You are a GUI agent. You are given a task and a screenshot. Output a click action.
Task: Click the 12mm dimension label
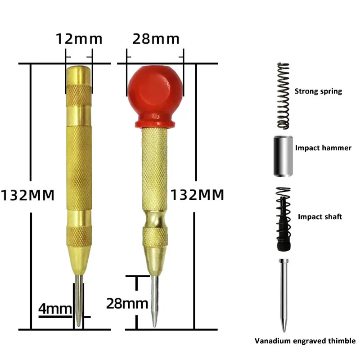click(x=79, y=39)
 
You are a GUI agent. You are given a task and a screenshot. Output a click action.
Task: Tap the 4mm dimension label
click(x=55, y=309)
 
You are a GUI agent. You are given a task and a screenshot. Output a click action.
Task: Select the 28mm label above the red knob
click(x=156, y=39)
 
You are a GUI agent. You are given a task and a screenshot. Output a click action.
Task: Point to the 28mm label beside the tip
click(x=127, y=303)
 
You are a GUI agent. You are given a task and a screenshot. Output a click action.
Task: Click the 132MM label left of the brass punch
click(x=27, y=195)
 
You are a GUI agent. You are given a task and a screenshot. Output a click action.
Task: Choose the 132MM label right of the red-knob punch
click(x=197, y=195)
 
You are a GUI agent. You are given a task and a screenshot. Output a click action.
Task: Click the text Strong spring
click(x=318, y=91)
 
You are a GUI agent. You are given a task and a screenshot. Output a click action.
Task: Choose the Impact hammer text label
click(x=323, y=148)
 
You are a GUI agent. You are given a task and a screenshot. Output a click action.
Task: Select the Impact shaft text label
click(x=320, y=217)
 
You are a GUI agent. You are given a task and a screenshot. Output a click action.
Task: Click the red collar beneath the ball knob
click(x=155, y=122)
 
